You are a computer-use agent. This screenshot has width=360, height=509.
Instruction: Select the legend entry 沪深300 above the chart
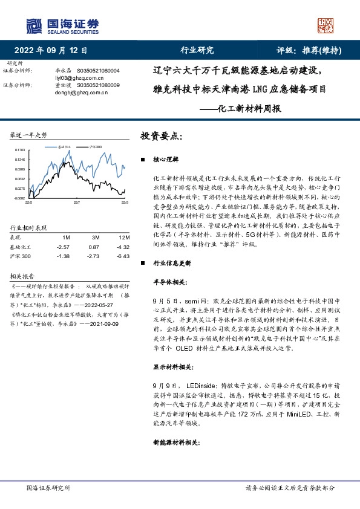click(x=94, y=147)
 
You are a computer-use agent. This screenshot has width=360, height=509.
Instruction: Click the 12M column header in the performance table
click(x=124, y=237)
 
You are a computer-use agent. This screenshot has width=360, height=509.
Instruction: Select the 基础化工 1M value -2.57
click(x=63, y=247)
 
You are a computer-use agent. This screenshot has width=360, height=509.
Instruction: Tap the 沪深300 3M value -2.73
click(x=93, y=256)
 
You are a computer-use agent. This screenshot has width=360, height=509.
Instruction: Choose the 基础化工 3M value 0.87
click(x=93, y=247)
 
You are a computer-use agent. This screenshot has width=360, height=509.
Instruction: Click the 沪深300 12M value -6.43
click(x=123, y=256)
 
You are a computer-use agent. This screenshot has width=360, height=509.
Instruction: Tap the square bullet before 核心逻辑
click(x=142, y=160)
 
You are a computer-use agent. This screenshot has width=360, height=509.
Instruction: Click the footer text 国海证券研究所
click(x=48, y=487)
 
